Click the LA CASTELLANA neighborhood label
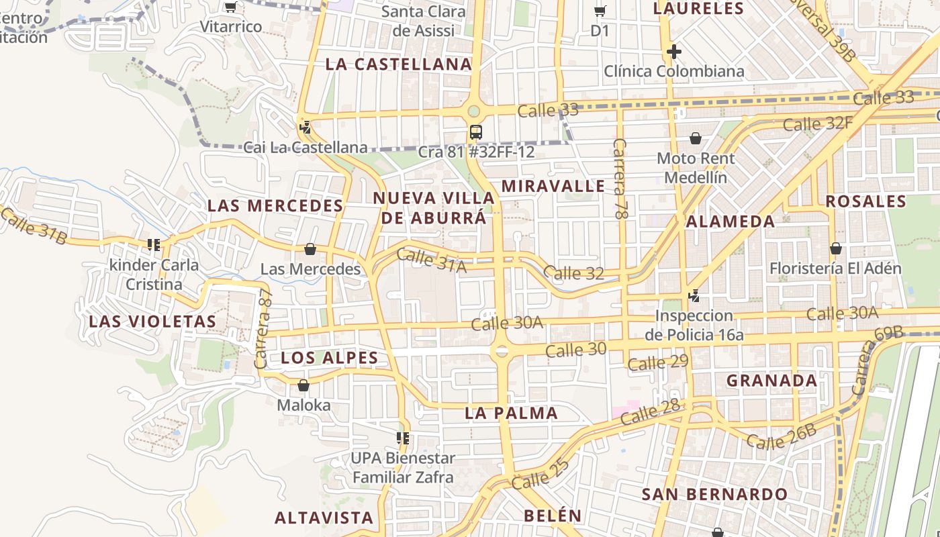pos(399,64)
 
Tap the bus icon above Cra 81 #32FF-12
pos(476,132)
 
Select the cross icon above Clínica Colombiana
pos(674,52)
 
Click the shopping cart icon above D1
pos(600,11)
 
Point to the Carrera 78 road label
pos(620,179)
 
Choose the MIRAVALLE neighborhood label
pos(553,186)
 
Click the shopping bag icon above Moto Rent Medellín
pos(696,138)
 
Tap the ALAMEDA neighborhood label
pos(731,222)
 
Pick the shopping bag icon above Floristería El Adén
pos(836,248)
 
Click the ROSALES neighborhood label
pos(865,201)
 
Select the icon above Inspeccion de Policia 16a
pos(694,295)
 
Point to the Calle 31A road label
pos(431,260)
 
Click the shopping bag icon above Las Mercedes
pos(310,249)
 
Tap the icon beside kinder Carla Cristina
pos(154,245)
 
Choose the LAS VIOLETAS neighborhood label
pos(152,322)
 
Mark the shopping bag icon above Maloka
pos(303,385)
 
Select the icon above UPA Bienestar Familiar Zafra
pos(404,438)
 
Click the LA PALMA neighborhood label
pos(511,413)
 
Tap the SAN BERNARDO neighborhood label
pos(714,495)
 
